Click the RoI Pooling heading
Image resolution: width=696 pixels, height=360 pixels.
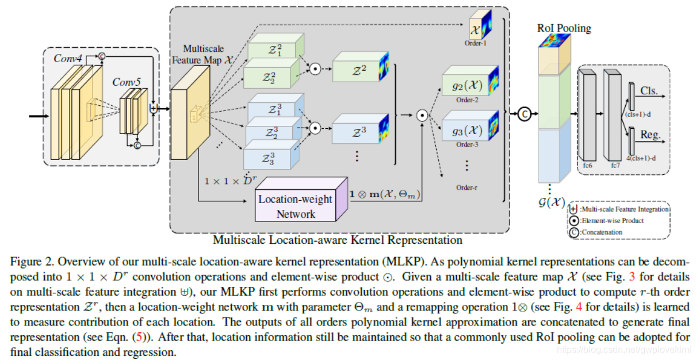coord(564,28)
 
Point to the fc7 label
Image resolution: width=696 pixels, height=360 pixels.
coord(615,165)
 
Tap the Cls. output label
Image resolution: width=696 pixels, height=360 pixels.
coord(650,91)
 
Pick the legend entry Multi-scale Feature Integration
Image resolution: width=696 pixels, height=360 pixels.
coord(624,209)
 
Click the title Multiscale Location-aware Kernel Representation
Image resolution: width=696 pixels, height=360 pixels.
coord(337,239)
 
